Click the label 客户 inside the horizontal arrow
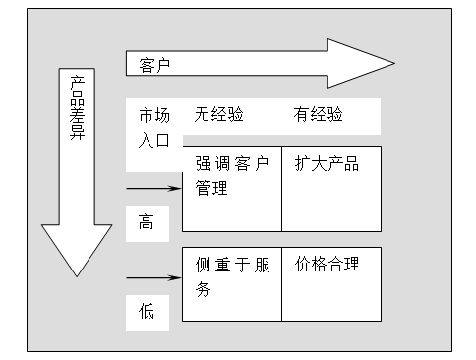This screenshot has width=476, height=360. click(x=155, y=66)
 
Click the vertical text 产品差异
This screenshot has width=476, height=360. click(x=76, y=109)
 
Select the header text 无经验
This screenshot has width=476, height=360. click(x=218, y=115)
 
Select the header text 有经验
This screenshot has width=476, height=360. click(x=318, y=115)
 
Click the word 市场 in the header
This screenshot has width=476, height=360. click(x=153, y=115)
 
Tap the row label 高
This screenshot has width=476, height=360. click(x=147, y=223)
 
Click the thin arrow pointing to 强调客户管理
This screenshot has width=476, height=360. click(x=154, y=186)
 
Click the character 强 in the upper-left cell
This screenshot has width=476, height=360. click(x=204, y=164)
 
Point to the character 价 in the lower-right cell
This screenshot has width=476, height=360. click(x=303, y=264)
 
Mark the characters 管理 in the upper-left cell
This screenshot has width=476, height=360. click(x=211, y=188)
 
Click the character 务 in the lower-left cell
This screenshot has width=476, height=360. click(x=204, y=288)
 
